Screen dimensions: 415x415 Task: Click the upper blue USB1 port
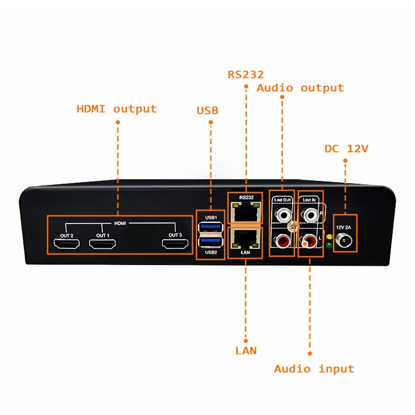tap(211, 226)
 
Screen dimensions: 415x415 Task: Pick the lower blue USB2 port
tap(211, 242)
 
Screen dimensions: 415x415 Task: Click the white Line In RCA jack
tap(308, 212)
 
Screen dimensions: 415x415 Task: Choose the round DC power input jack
tap(346, 241)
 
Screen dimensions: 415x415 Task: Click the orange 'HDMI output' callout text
tap(116, 109)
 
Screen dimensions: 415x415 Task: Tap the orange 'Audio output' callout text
tap(300, 88)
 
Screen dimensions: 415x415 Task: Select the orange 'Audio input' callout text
tap(314, 369)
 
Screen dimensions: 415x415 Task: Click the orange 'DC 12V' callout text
tap(346, 148)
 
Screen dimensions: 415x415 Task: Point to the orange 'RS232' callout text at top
tap(246, 74)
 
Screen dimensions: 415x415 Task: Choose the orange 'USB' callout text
tap(207, 111)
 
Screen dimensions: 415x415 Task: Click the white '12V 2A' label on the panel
tap(345, 227)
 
